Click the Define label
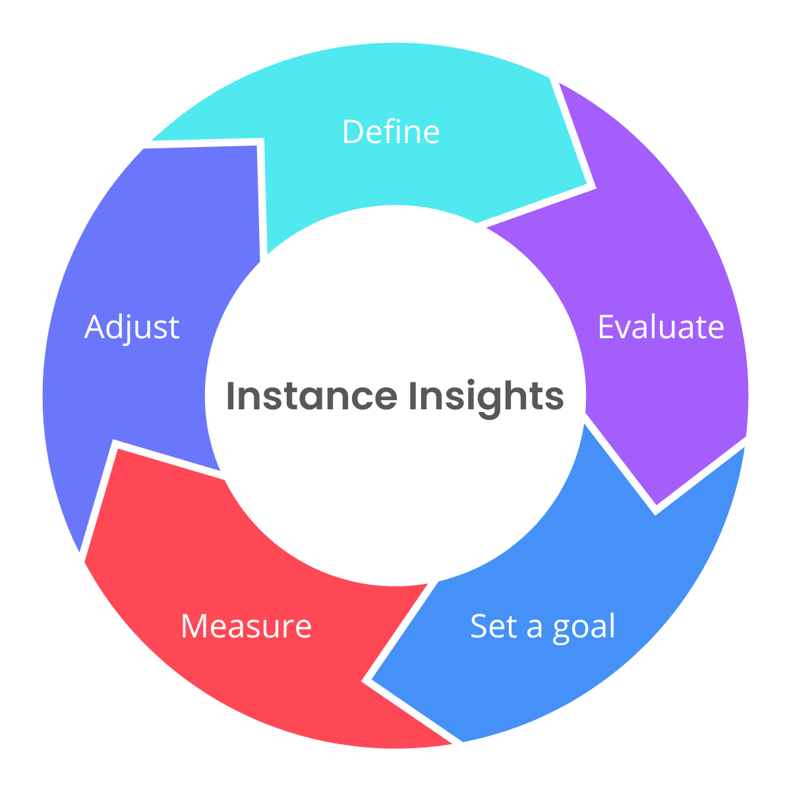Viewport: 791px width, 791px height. [x=390, y=132]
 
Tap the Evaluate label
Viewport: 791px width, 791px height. [x=660, y=327]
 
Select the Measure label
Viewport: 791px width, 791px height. [x=246, y=626]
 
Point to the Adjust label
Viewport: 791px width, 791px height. [x=132, y=328]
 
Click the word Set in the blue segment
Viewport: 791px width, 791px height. [x=493, y=626]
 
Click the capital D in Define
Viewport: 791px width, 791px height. [x=353, y=132]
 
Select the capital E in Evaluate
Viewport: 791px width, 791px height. [x=607, y=327]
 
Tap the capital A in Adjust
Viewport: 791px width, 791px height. [x=96, y=327]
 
